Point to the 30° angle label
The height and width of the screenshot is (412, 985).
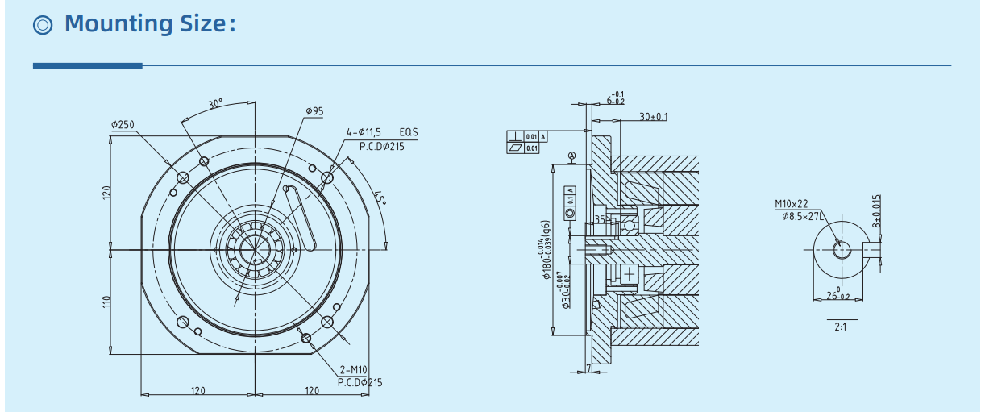215,105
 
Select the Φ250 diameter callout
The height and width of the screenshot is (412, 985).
123,125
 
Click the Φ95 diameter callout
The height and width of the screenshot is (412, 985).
314,110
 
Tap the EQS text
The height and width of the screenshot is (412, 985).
409,131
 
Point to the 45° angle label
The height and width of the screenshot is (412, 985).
380,198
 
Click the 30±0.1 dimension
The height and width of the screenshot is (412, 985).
654,117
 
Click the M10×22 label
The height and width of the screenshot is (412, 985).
791,205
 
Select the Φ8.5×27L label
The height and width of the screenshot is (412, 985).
802,216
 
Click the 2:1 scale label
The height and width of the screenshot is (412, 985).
841,327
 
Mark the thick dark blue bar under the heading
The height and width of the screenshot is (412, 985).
87,65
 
